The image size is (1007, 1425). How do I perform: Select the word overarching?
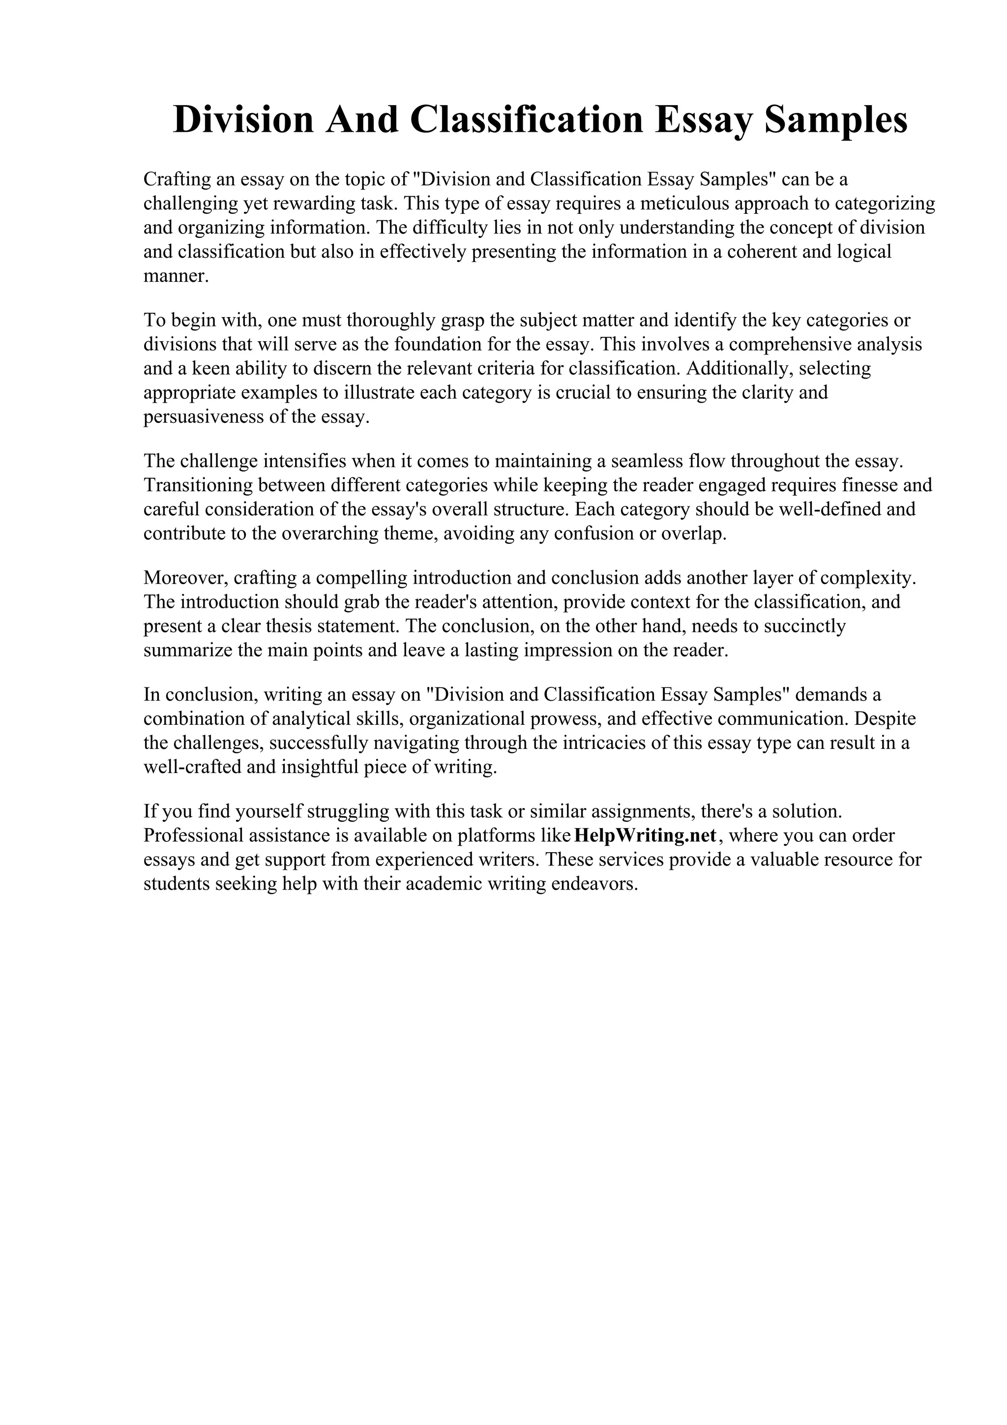(329, 534)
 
